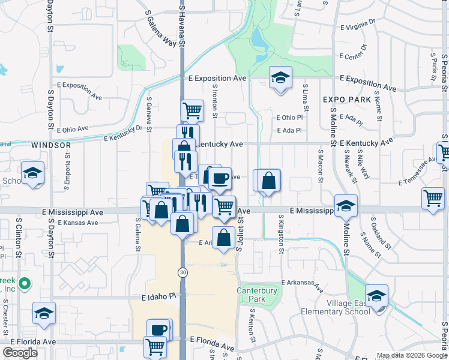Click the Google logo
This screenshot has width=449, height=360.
[x=20, y=353]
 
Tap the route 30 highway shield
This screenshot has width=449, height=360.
[x=182, y=272]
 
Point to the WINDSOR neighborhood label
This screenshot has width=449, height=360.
[x=51, y=145]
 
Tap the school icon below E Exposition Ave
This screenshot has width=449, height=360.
[x=280, y=78]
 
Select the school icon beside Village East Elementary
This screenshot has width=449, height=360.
[x=376, y=296]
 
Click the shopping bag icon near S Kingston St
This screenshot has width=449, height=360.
[x=269, y=181]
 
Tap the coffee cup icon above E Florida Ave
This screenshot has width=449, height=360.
[x=159, y=330]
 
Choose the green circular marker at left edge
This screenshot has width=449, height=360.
[x=25, y=283]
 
